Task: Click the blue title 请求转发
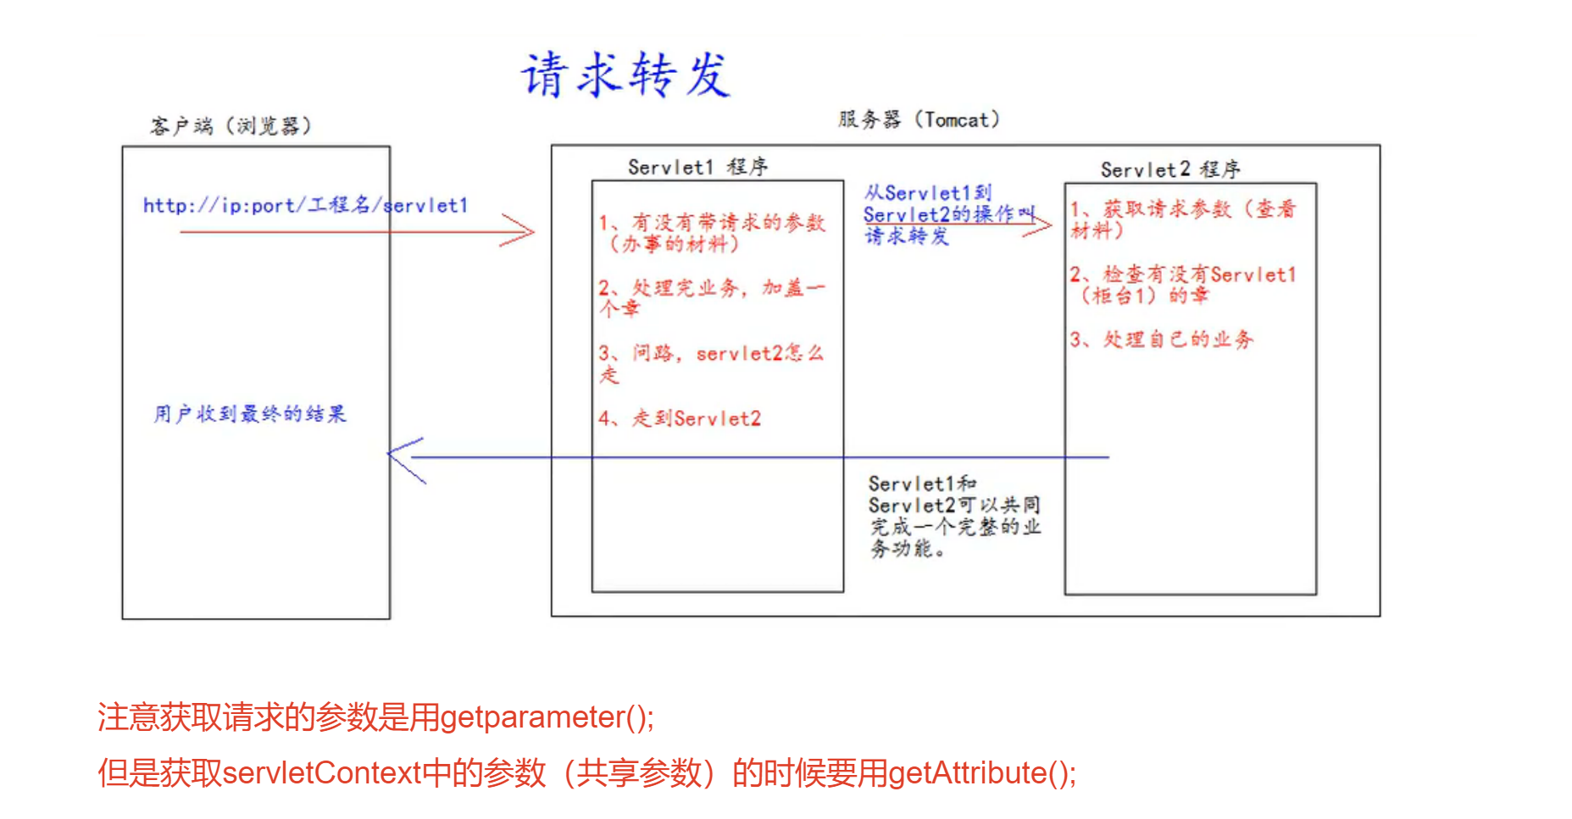coord(625,75)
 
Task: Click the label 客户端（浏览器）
coord(231,126)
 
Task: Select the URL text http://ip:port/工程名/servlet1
coord(305,205)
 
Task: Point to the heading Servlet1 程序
coord(697,167)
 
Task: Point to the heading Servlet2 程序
coord(1169,169)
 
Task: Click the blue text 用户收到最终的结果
coord(250,413)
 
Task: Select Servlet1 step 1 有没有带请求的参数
coord(712,233)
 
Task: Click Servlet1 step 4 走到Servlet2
coord(680,418)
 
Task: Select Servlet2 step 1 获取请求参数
coord(1182,219)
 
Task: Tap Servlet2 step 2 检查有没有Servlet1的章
coord(1182,285)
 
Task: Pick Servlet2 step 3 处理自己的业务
coord(1162,340)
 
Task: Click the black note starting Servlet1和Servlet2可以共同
coord(954,516)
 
